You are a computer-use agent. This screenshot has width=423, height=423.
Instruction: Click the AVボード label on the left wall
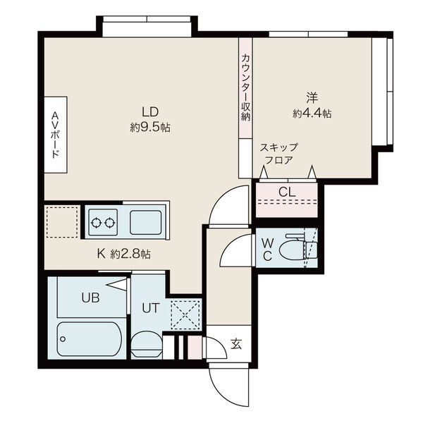pyautogui.click(x=56, y=135)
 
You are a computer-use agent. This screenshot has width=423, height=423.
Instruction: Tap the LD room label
pyautogui.click(x=150, y=111)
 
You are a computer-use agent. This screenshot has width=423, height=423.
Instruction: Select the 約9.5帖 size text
pyautogui.click(x=150, y=128)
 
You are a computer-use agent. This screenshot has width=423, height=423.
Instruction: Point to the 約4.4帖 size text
pyautogui.click(x=312, y=112)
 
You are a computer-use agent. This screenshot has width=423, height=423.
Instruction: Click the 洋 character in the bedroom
pyautogui.click(x=311, y=97)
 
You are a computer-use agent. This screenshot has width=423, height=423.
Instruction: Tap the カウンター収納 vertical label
pyautogui.click(x=245, y=87)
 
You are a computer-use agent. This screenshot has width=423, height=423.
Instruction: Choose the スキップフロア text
pyautogui.click(x=279, y=153)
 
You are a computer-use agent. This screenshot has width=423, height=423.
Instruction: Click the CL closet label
pyautogui.click(x=287, y=191)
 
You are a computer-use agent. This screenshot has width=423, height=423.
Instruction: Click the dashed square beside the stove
pyautogui.click(x=62, y=223)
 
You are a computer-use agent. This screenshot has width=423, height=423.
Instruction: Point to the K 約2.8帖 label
pyautogui.click(x=123, y=253)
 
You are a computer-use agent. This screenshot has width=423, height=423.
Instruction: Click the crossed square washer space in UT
pyautogui.click(x=185, y=313)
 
